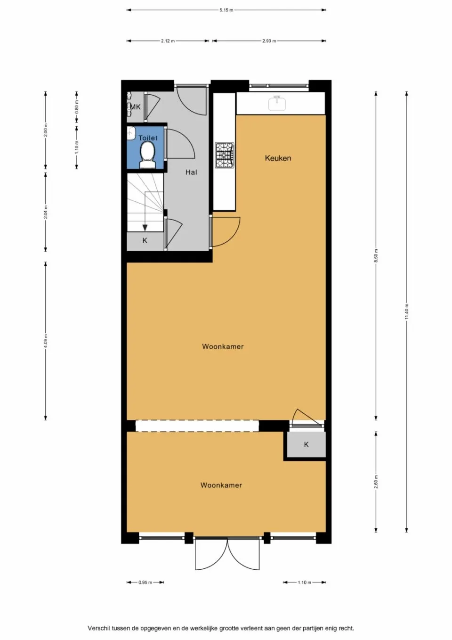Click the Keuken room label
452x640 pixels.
point(278,158)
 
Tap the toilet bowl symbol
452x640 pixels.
point(147,154)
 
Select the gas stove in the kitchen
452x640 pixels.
point(225,155)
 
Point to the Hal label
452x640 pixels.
point(191,172)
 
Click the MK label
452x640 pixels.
point(136,107)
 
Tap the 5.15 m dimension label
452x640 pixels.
point(226,10)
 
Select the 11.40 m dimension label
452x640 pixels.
point(407,312)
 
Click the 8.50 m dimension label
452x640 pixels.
point(376,255)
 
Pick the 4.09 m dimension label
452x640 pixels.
point(46,341)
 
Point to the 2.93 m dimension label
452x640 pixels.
point(269,41)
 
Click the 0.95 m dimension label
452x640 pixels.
point(145,583)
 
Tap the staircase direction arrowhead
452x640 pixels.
point(145,228)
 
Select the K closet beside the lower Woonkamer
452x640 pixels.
point(306,444)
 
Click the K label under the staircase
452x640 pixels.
point(145,240)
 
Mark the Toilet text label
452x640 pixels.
point(148,138)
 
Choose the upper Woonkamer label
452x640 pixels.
point(223,347)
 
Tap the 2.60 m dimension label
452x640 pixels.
point(376,482)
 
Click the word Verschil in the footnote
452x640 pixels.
point(98,628)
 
